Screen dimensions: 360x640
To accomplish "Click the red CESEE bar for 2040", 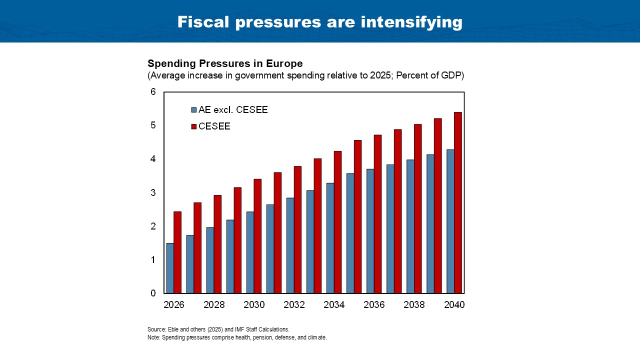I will pyautogui.click(x=457, y=202).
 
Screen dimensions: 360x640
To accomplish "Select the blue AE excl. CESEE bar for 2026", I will pyautogui.click(x=170, y=268).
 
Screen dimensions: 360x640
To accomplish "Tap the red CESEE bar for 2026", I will pyautogui.click(x=177, y=252).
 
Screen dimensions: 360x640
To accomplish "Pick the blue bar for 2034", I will pyautogui.click(x=330, y=238).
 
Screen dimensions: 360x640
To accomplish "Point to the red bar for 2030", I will pyautogui.click(x=257, y=236).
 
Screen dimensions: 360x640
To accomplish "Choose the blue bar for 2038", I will pyautogui.click(x=410, y=226).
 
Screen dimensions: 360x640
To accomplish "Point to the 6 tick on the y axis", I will pyautogui.click(x=153, y=92).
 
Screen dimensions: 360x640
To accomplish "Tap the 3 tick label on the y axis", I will pyautogui.click(x=153, y=193).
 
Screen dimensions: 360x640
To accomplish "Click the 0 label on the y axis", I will pyautogui.click(x=153, y=293).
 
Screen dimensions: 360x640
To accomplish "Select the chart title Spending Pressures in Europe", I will pyautogui.click(x=225, y=64).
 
